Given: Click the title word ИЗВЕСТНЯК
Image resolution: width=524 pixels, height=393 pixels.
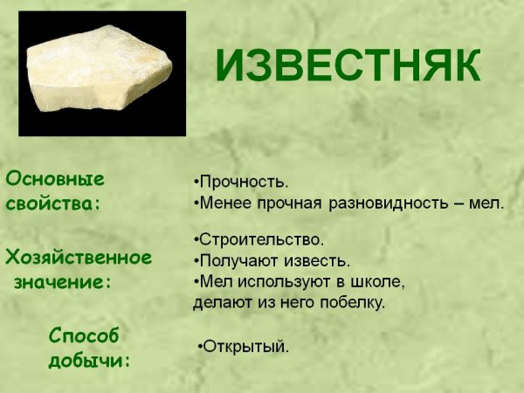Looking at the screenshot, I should (348, 66).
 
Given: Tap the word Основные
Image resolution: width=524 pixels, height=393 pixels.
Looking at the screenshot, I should (55, 179).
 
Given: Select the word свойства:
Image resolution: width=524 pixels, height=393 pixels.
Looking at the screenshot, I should (53, 203).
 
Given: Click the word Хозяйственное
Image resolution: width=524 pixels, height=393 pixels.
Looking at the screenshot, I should (79, 258).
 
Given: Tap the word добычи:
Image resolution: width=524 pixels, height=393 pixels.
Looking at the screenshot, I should (90, 359).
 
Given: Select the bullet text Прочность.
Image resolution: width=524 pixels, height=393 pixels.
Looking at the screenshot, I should (244, 183).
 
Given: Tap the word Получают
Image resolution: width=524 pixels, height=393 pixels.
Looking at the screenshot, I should (234, 261).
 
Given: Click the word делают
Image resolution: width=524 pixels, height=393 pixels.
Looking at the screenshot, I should (218, 303).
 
